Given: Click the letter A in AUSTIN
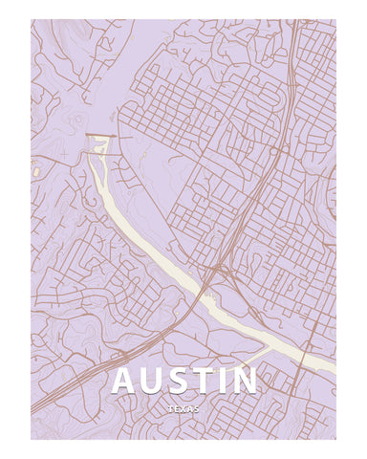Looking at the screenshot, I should point(125,381).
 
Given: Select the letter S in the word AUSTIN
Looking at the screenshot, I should point(179,381).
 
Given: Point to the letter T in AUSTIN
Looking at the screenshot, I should point(204,381).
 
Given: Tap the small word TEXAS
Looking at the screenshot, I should point(183,408).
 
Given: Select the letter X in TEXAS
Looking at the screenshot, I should point(183,408).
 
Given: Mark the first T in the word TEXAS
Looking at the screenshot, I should point(169,408).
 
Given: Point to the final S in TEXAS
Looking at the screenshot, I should point(198,408).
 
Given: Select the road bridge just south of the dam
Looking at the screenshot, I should point(99,151).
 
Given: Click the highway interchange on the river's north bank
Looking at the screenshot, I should point(222,273).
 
